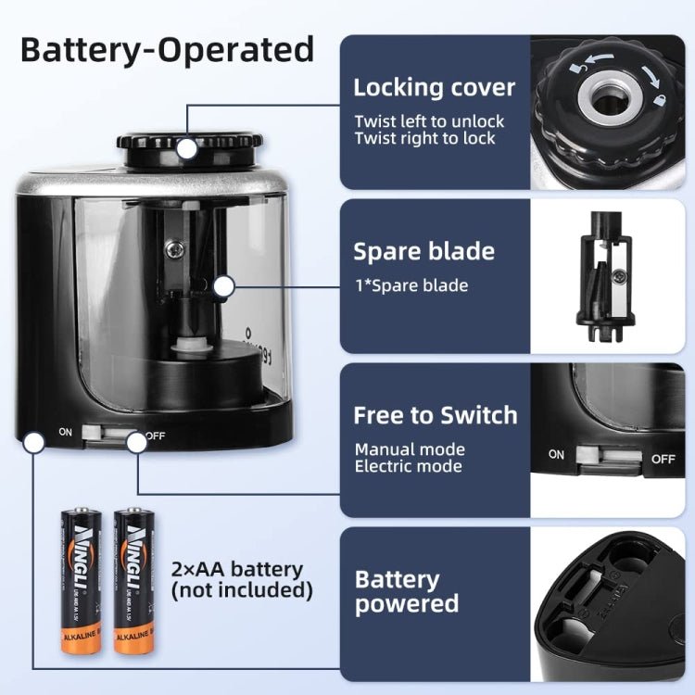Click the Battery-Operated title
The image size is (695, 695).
pos(167,48)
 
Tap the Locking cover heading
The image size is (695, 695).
pos(434,88)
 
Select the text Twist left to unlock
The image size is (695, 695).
pos(429,120)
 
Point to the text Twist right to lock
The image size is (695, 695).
pos(424,138)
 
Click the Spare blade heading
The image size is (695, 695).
pos(423,252)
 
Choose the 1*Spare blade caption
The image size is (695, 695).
pos(411,285)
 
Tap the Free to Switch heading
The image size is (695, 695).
pos(435,415)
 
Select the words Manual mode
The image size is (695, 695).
pos(410,449)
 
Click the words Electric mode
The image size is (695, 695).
pos(408,466)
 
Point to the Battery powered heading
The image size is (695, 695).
pos(407,592)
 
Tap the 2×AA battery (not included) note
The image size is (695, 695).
pos(241,579)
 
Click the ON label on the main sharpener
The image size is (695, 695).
pos(66,432)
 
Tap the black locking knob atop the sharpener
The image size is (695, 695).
pos(188,148)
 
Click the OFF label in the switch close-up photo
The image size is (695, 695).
pos(663,458)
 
